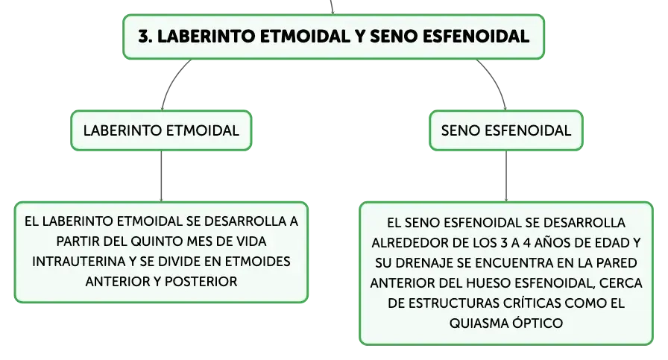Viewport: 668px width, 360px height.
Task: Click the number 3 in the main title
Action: pyautogui.click(x=145, y=37)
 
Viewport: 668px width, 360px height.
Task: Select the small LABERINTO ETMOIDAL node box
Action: pyautogui.click(x=161, y=130)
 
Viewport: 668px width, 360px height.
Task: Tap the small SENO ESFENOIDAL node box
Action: pyautogui.click(x=506, y=130)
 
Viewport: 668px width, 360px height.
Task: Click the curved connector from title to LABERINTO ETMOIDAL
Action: pyautogui.click(x=171, y=81)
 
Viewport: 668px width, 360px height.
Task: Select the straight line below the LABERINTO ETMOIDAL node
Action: pyautogui.click(x=161, y=176)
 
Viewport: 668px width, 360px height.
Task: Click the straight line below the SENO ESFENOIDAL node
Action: pyautogui.click(x=506, y=176)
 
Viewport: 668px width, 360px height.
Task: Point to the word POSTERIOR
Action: pyautogui.click(x=201, y=282)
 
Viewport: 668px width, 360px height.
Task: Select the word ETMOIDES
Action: pyautogui.click(x=258, y=261)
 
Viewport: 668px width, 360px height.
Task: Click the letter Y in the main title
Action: pyautogui.click(x=360, y=37)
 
